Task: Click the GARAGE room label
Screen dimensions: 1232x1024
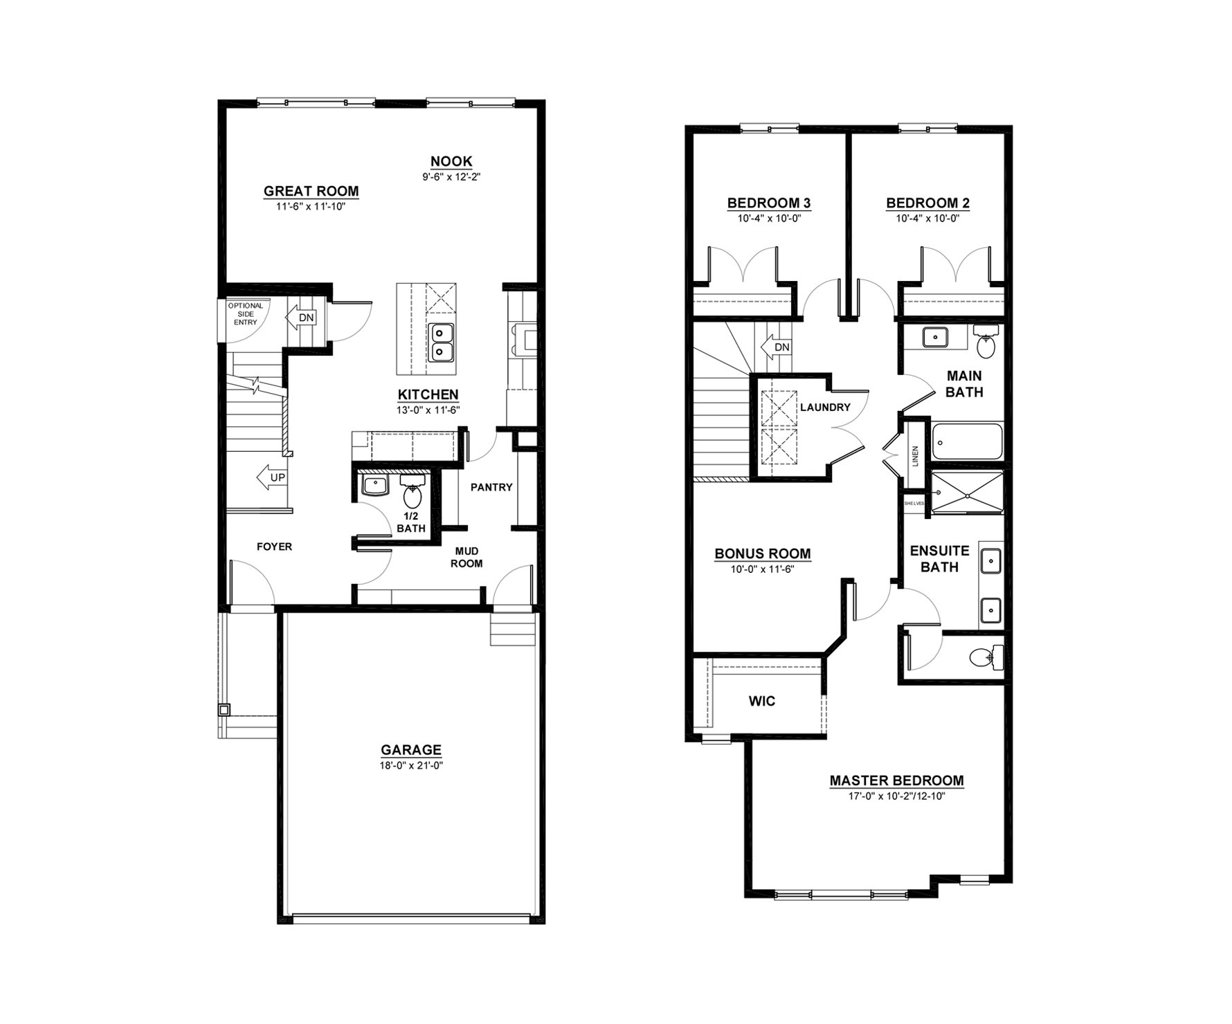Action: point(410,749)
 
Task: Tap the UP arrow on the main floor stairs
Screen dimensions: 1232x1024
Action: point(271,477)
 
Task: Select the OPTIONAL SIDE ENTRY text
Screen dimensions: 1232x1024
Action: point(246,314)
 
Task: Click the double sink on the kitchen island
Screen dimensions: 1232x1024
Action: point(441,342)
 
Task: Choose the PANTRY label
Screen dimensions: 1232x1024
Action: point(491,487)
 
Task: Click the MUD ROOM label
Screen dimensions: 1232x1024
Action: point(466,557)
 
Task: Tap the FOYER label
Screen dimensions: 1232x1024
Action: point(274,547)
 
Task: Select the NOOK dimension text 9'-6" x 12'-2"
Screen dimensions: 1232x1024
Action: point(451,176)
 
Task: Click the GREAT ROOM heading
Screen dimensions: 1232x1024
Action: point(311,191)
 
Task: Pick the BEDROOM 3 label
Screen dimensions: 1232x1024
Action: point(769,203)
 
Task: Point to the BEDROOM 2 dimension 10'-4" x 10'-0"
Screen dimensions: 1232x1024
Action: point(927,218)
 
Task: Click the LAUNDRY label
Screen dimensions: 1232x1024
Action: point(825,408)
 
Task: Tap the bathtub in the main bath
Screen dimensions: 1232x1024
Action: point(967,442)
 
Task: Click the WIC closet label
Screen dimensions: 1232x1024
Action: point(762,701)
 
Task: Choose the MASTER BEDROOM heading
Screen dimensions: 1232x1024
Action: point(896,780)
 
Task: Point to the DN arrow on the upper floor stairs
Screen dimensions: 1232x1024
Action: point(775,347)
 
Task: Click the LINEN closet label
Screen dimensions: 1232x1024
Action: point(915,455)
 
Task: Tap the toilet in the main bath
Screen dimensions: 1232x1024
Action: point(985,342)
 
